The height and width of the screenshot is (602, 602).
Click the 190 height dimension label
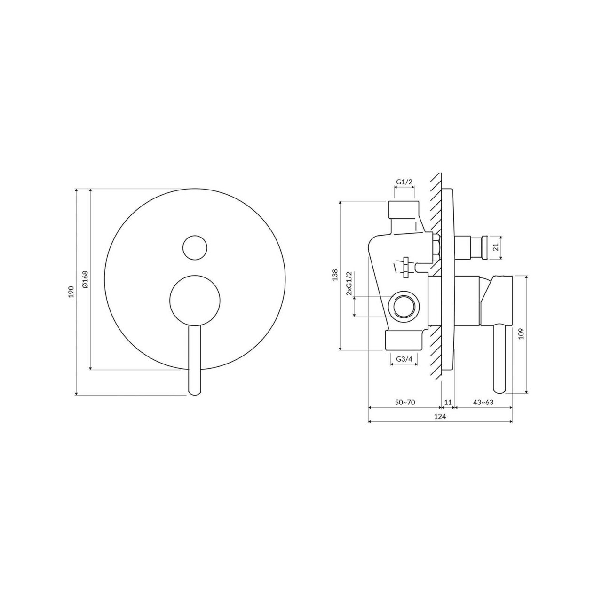71,292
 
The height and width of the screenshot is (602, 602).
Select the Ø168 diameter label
85,279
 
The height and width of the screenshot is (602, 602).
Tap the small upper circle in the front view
195,247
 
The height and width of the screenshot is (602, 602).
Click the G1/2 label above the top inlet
404,182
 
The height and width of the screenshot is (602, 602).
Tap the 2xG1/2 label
349,283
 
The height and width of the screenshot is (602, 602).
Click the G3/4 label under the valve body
404,359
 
